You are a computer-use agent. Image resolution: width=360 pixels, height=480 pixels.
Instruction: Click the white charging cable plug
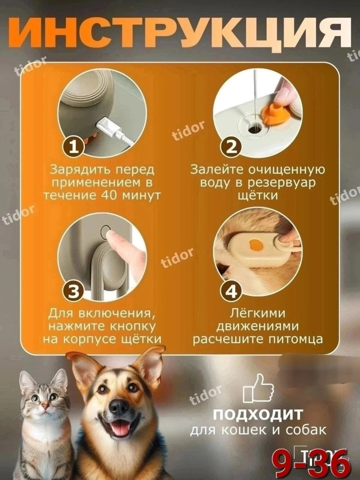click(107, 127)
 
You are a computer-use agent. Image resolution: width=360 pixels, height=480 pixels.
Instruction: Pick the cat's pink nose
click(45, 406)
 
